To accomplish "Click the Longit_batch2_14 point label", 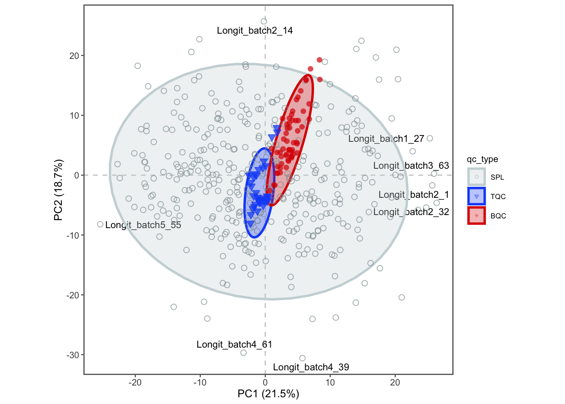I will pyautogui.click(x=255, y=31).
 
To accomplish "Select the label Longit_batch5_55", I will pyautogui.click(x=143, y=225).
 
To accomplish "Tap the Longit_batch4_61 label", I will pyautogui.click(x=234, y=345).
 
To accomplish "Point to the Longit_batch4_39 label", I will pyautogui.click(x=311, y=367).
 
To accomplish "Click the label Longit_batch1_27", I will pyautogui.click(x=386, y=139).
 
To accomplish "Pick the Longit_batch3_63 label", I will pyautogui.click(x=411, y=166).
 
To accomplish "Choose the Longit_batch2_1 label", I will pyautogui.click(x=414, y=195).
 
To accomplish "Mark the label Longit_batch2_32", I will pyautogui.click(x=411, y=212).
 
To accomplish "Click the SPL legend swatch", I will pyautogui.click(x=476, y=177).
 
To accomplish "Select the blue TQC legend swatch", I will pyautogui.click(x=476, y=197).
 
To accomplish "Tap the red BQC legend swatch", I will pyautogui.click(x=476, y=216).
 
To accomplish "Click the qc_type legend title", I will pyautogui.click(x=482, y=159).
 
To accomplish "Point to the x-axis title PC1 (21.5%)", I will pyautogui.click(x=268, y=394).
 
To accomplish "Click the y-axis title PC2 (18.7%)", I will pyautogui.click(x=58, y=190).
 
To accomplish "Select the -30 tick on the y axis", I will pyautogui.click(x=73, y=355).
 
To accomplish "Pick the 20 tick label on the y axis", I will pyautogui.click(x=74, y=56).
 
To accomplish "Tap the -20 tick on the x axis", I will pyautogui.click(x=135, y=383).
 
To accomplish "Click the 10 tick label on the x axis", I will pyautogui.click(x=330, y=383).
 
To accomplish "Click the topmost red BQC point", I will pyautogui.click(x=319, y=60).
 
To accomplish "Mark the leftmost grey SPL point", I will pyautogui.click(x=100, y=224).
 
